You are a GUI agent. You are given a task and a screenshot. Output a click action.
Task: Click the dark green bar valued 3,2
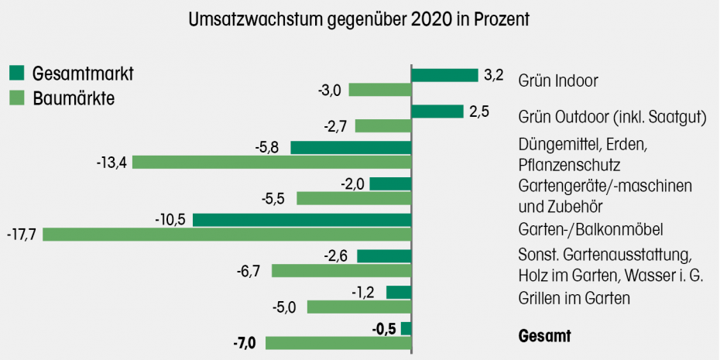444,75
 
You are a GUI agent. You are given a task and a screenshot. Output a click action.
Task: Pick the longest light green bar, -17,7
227,234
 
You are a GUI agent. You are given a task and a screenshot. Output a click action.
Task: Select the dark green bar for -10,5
302,220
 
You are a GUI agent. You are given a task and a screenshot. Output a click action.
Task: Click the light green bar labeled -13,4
272,162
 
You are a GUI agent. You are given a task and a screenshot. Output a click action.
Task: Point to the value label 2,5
480,111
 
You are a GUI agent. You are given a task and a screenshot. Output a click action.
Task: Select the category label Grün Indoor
559,80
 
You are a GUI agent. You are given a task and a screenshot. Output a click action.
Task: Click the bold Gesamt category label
544,337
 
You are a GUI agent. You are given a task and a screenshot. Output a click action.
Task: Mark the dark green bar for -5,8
351,147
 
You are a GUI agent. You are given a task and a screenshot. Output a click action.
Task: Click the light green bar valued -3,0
379,90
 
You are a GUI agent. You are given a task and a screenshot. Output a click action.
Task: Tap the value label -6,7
252,270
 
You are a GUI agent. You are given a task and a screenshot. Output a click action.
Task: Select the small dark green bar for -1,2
399,292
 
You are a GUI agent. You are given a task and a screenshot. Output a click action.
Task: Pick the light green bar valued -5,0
359,307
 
